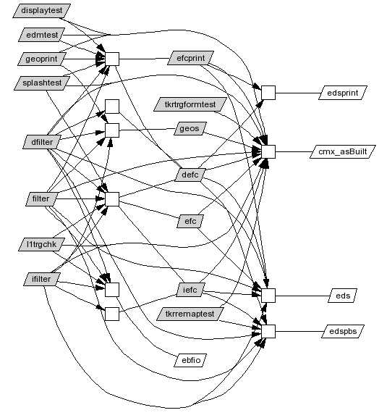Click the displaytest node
(x=42, y=11)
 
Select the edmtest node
(x=42, y=35)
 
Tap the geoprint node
(x=41, y=59)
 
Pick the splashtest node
(x=42, y=83)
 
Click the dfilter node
(x=42, y=142)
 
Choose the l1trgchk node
(x=41, y=244)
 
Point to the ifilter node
(x=41, y=279)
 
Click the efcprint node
(x=190, y=58)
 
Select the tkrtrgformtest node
(x=190, y=104)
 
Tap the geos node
(x=190, y=128)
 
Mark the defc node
(x=190, y=175)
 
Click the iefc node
(x=190, y=290)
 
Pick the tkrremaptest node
(x=190, y=314)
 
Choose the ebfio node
(x=190, y=360)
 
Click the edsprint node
(x=343, y=93)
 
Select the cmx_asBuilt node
(x=343, y=151)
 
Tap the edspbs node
(x=343, y=331)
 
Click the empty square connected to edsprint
(x=268, y=93)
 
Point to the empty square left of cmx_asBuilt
(x=268, y=151)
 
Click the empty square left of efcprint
(x=112, y=59)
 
